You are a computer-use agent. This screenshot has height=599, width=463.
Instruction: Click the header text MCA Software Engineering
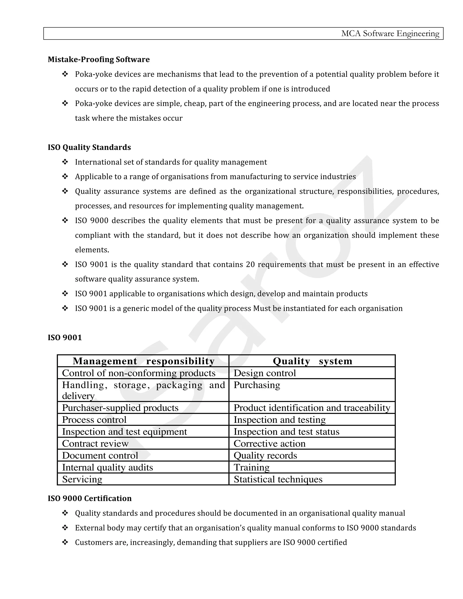[x=390, y=33]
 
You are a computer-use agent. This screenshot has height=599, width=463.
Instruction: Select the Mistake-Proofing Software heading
[x=99, y=59]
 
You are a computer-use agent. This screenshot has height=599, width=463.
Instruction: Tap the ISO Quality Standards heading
[x=89, y=147]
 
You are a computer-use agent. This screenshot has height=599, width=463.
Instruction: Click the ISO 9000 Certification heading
[x=90, y=498]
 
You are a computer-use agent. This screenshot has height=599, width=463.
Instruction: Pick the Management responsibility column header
[x=144, y=361]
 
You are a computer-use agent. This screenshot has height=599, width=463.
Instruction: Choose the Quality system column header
[x=312, y=361]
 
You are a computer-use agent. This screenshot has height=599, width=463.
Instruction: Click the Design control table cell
[x=265, y=373]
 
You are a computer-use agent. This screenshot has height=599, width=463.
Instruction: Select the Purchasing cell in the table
[x=257, y=385]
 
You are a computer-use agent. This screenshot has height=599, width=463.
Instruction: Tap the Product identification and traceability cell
[x=312, y=408]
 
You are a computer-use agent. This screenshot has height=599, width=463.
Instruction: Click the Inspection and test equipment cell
[x=124, y=432]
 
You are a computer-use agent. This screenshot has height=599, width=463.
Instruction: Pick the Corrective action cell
[x=269, y=443]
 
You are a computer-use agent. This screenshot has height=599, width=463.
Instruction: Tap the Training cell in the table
[x=252, y=467]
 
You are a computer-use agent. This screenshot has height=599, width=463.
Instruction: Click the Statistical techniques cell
[x=278, y=479]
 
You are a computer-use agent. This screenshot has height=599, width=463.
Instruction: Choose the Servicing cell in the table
[x=82, y=479]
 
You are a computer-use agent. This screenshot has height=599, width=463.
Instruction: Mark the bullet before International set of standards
[x=65, y=162]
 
